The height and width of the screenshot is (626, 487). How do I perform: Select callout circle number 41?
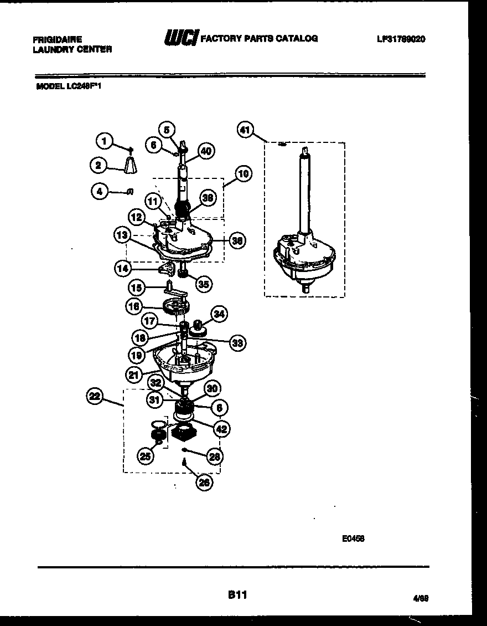point(245,130)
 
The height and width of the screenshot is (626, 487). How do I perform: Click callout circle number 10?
point(243,174)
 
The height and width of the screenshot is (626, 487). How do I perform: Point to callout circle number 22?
point(95,396)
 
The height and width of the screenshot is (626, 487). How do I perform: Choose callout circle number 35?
point(204,285)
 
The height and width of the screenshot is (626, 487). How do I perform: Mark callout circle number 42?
point(221,428)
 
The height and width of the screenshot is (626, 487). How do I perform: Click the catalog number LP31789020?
point(401,39)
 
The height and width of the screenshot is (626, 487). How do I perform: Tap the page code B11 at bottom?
point(236,596)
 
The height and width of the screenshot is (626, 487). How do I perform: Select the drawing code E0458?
point(353,538)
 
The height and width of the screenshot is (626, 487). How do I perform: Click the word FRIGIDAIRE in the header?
point(58,39)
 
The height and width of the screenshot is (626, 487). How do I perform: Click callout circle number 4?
point(99,192)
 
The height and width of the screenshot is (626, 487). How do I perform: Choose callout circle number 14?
point(123,269)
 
